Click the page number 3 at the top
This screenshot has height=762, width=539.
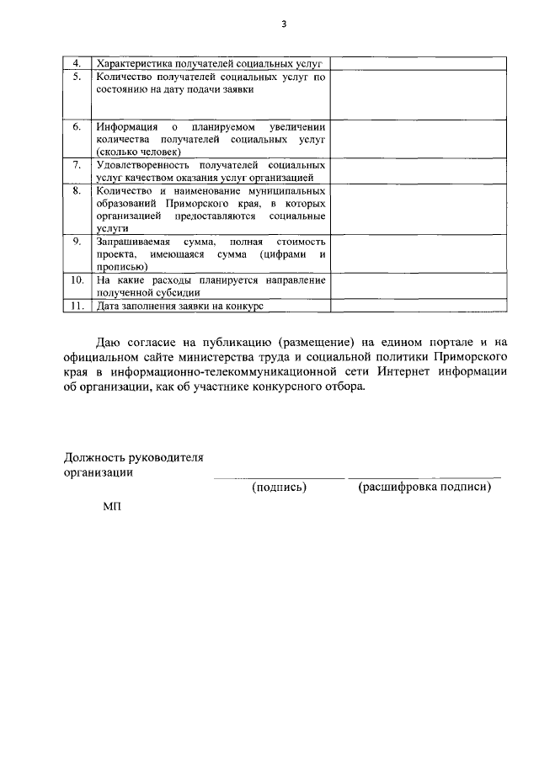284,24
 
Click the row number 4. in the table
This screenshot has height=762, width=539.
77,64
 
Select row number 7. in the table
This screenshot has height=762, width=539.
77,165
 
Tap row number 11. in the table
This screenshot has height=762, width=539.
77,306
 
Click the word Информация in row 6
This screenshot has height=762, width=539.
125,126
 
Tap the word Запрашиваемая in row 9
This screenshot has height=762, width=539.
133,242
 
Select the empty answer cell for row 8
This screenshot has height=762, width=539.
418,210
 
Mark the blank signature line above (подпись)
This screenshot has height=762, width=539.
279,477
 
